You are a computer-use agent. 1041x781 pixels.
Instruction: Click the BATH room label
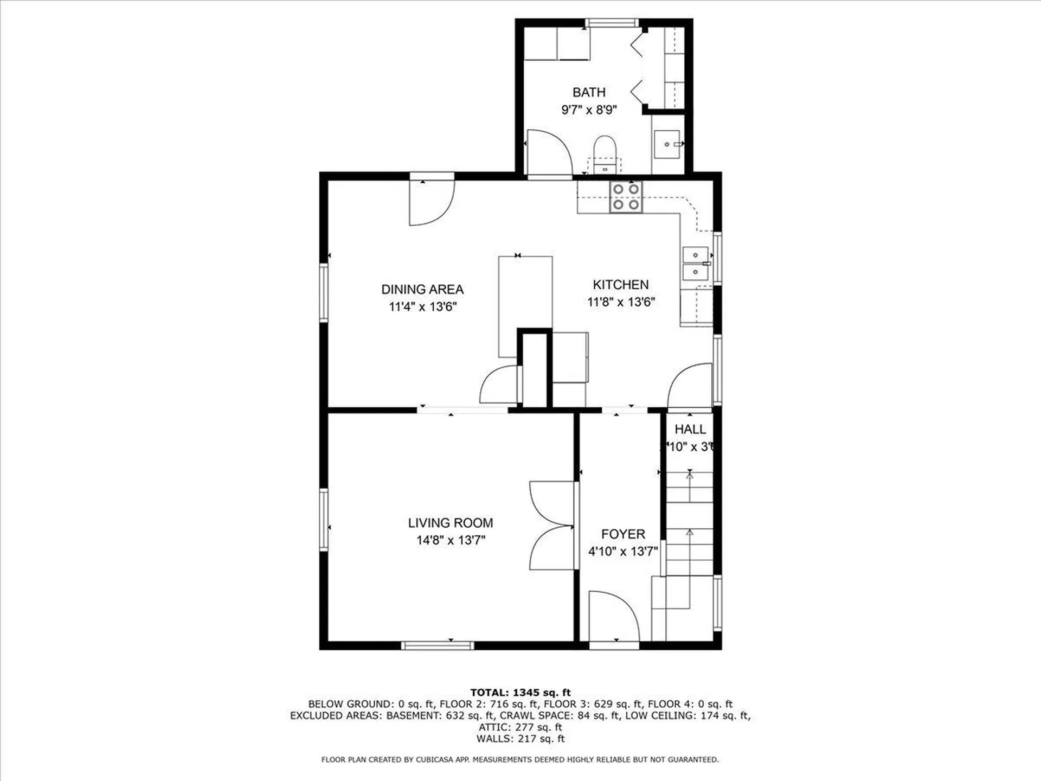pos(589,92)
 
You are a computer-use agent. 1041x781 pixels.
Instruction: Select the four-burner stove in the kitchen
pos(626,197)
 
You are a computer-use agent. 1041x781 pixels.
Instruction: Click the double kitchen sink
pos(695,264)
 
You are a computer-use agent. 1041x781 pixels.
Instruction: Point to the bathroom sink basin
pos(667,144)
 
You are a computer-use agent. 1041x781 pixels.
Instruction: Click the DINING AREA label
pos(422,290)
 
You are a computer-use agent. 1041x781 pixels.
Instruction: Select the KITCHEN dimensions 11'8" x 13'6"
pos(621,302)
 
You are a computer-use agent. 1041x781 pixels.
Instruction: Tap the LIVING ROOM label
pos(451,523)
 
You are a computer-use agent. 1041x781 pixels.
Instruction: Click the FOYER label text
pos(623,534)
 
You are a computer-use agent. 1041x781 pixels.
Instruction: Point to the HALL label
pos(690,430)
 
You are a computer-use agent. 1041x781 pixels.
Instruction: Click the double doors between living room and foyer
pos(552,526)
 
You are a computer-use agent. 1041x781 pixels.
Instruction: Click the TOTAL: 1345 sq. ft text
pos(520,693)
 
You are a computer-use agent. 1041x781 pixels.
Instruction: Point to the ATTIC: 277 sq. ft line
pos(520,727)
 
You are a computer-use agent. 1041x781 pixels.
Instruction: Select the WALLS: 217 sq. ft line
pos(520,739)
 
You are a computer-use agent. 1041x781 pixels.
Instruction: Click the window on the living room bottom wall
pos(437,645)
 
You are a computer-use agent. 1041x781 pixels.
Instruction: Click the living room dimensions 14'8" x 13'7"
pos(451,540)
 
